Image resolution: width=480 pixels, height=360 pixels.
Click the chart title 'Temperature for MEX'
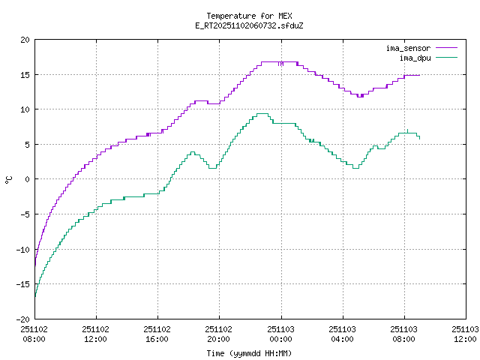(248, 16)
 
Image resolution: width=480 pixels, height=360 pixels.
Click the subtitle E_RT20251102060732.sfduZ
(248, 25)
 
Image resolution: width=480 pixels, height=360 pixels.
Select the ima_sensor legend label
(408, 48)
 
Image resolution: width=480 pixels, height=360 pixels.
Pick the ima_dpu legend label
(415, 57)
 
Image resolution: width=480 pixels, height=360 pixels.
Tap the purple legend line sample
(445, 48)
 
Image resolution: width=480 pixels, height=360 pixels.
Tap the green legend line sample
(445, 57)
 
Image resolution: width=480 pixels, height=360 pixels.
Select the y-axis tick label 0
(28, 179)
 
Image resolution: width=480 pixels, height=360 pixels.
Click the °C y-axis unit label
(9, 179)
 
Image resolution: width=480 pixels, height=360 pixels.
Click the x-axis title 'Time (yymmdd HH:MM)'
(248, 353)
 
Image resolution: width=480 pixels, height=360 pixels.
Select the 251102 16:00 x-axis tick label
(157, 334)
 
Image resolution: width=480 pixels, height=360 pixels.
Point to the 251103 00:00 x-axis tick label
(280, 334)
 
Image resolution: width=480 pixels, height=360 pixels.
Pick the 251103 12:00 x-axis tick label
(465, 334)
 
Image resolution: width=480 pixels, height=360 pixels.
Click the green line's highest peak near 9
(262, 114)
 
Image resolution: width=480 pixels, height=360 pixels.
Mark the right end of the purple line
(419, 75)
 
